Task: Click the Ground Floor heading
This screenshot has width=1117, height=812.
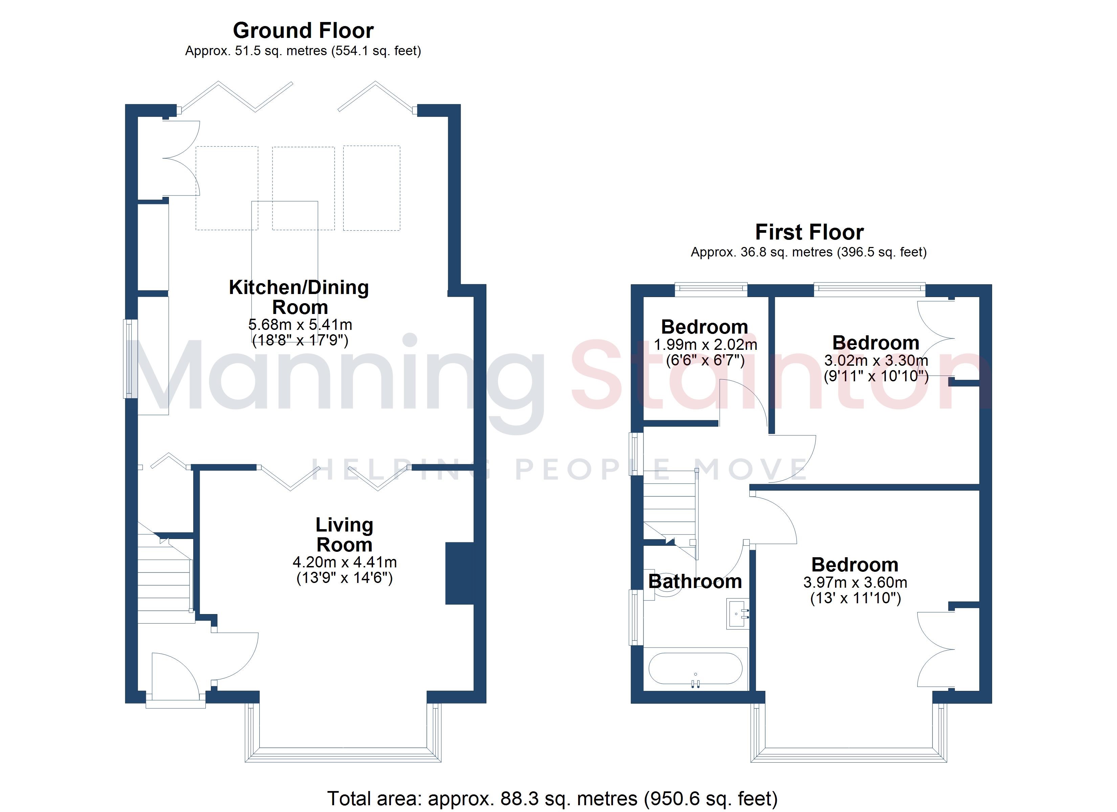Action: click(x=303, y=30)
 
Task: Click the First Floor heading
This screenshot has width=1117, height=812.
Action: click(x=809, y=232)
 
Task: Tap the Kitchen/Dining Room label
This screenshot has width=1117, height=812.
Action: click(x=299, y=297)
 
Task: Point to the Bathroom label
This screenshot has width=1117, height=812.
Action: click(x=695, y=582)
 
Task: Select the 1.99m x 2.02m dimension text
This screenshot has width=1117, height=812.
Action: click(x=705, y=345)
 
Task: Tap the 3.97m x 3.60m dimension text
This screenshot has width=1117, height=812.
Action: click(x=855, y=583)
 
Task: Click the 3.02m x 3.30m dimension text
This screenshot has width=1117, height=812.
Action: click(x=876, y=360)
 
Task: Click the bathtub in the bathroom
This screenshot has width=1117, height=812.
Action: click(x=695, y=668)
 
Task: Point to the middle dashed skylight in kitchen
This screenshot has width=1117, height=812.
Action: click(x=303, y=188)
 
